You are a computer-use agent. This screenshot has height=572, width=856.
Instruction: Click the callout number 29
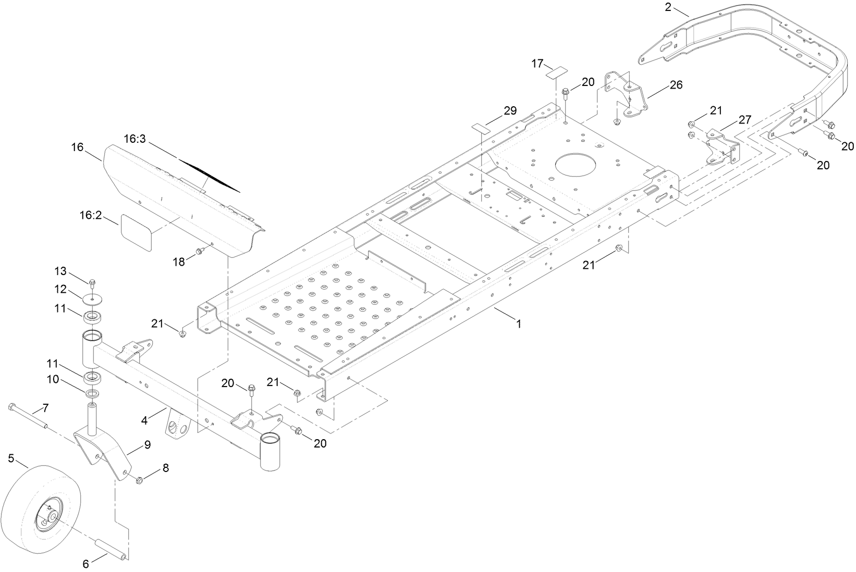click(510, 110)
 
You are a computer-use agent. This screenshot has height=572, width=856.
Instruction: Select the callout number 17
click(537, 64)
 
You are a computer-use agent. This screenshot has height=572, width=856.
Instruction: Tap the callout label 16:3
click(135, 139)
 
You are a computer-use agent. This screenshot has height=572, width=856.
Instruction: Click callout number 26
click(676, 84)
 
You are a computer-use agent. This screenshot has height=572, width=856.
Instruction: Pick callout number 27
click(744, 120)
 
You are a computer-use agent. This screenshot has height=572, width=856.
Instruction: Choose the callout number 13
click(61, 271)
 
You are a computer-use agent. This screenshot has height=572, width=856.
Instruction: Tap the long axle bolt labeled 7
click(29, 417)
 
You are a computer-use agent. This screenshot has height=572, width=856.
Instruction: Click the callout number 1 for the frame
click(518, 324)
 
